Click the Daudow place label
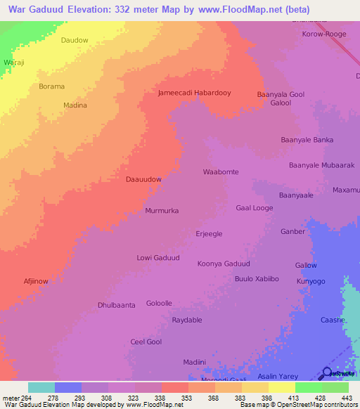75,40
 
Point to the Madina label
75,105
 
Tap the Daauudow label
143,179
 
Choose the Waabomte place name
221,171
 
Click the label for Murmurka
162,211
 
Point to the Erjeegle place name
209,234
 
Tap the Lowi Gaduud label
158,258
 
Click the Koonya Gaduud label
224,264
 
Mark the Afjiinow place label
36,281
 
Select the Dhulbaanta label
116,305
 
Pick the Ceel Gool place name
146,342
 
